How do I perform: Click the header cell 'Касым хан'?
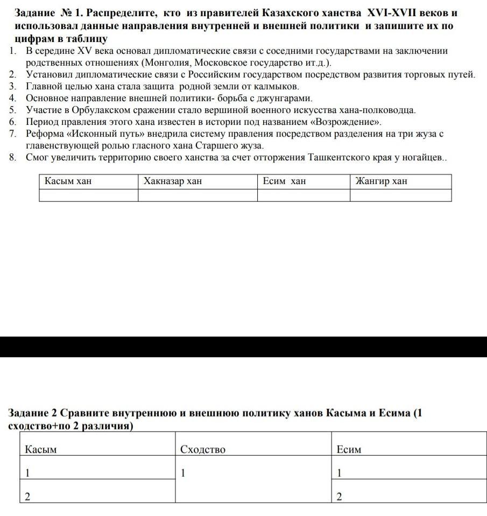click(68, 181)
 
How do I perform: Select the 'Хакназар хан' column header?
click(173, 181)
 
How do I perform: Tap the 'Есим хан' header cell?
click(284, 181)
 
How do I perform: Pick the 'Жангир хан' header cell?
click(382, 181)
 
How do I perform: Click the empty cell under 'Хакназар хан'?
click(197, 195)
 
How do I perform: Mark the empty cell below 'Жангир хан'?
click(400, 195)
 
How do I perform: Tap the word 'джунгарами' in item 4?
click(285, 98)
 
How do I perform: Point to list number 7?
click(12, 133)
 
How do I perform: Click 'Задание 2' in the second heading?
click(32, 413)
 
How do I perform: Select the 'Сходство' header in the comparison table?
click(203, 449)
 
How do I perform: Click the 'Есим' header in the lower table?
click(349, 449)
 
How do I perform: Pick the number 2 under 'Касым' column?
click(27, 497)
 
